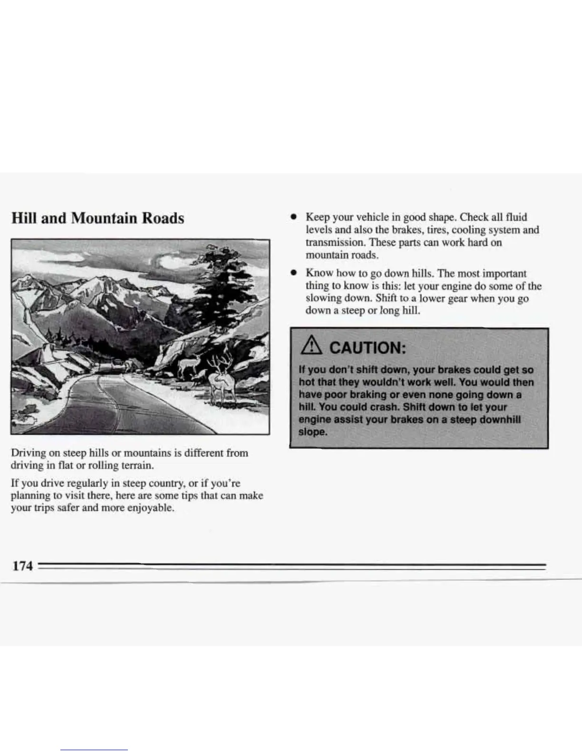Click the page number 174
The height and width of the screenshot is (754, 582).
click(x=22, y=566)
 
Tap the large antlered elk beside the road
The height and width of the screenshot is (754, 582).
click(x=221, y=386)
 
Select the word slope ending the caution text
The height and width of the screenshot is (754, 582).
click(x=312, y=432)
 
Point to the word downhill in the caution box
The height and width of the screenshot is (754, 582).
click(x=499, y=420)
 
